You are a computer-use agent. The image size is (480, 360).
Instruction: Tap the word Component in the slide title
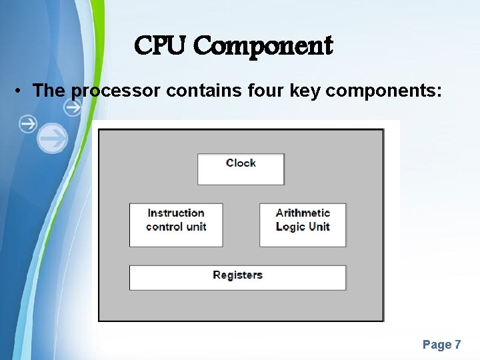pyautogui.click(x=263, y=47)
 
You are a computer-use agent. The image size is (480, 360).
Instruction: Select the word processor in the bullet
pyautogui.click(x=115, y=91)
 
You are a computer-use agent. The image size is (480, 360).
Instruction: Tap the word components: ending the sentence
pyautogui.click(x=383, y=91)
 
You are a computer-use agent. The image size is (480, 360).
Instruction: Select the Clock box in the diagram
pyautogui.click(x=241, y=169)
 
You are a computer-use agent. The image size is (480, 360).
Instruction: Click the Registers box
pyautogui.click(x=237, y=277)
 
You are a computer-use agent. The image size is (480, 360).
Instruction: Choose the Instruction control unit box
pyautogui.click(x=176, y=225)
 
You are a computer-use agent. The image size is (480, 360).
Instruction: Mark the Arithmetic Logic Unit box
pyautogui.click(x=303, y=225)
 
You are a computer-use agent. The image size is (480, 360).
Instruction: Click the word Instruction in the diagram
pyautogui.click(x=176, y=213)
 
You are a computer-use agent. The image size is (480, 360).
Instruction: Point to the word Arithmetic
pyautogui.click(x=303, y=213)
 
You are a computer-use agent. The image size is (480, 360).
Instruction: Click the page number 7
pyautogui.click(x=458, y=345)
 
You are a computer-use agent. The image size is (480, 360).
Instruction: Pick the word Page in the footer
pyautogui.click(x=437, y=345)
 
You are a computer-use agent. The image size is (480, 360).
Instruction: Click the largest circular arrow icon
pyautogui.click(x=52, y=139)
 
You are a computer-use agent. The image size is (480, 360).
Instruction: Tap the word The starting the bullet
pyautogui.click(x=47, y=91)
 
